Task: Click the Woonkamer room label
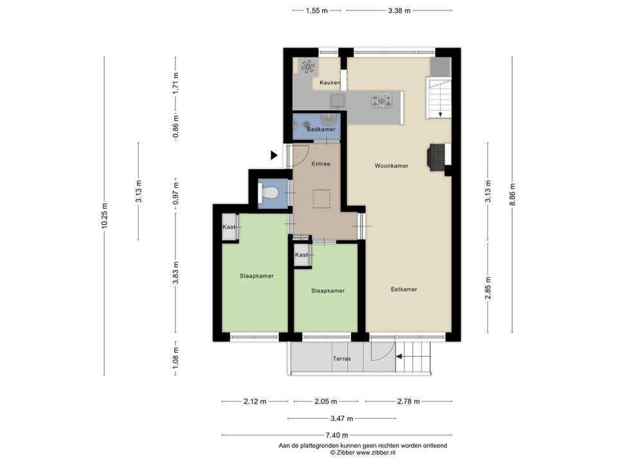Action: (391, 166)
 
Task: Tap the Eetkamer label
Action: (404, 289)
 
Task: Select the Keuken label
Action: (330, 83)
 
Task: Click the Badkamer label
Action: (321, 129)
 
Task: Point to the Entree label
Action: (321, 164)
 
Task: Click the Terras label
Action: (341, 359)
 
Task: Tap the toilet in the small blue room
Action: (269, 193)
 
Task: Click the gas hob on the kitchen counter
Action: (382, 100)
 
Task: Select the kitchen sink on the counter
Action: (337, 100)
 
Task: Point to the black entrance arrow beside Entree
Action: (274, 156)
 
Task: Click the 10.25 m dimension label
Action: (104, 216)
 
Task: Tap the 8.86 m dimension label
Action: (512, 194)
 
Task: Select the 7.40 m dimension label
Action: (336, 435)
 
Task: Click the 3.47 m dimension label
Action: (341, 419)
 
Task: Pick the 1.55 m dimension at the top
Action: (317, 11)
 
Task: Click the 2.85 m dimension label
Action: (488, 288)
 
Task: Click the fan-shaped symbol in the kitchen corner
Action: (308, 66)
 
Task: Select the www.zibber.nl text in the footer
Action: (376, 453)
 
